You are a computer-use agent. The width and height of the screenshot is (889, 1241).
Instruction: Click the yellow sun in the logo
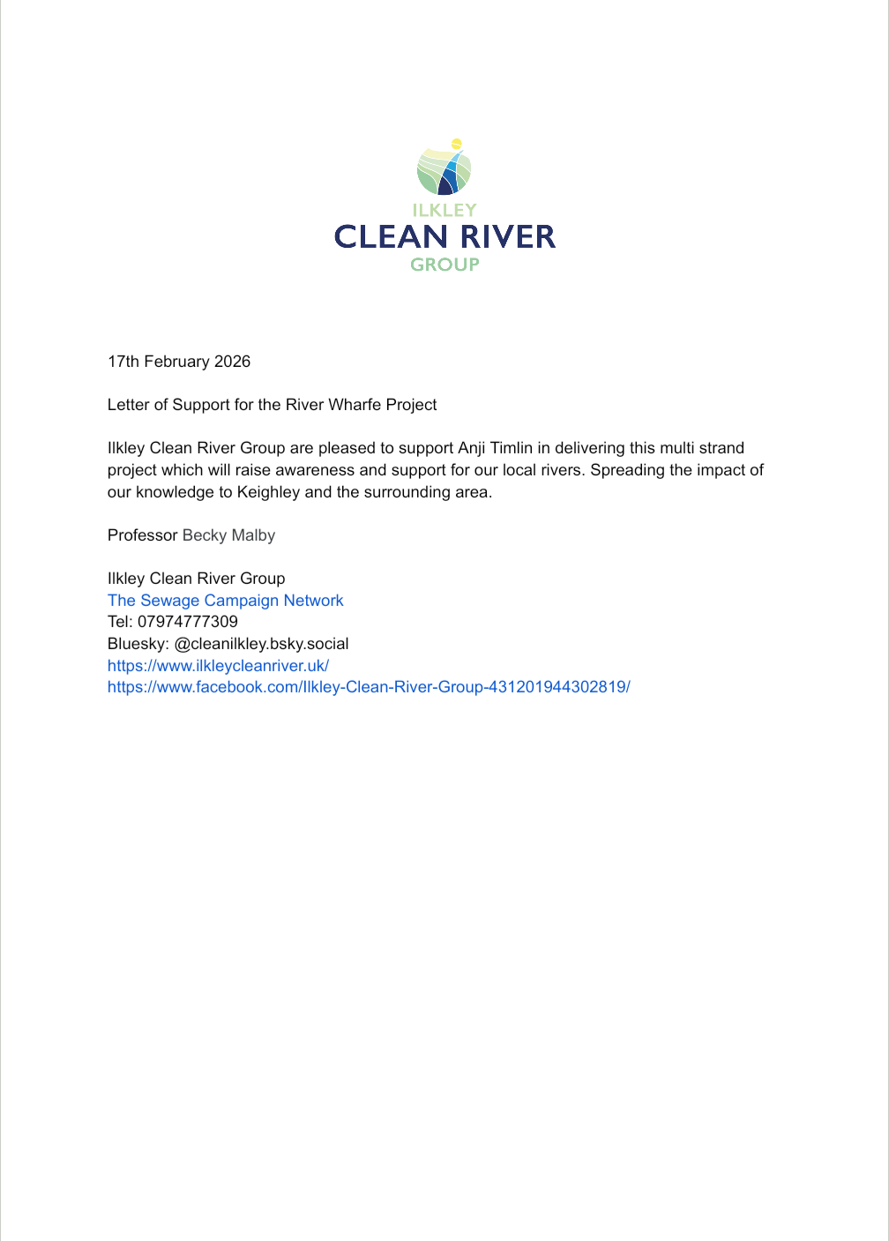(456, 143)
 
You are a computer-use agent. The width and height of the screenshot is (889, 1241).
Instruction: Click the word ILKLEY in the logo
(444, 210)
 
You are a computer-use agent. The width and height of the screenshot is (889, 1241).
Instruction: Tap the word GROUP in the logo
(444, 264)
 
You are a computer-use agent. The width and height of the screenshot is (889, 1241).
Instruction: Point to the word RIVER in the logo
(508, 236)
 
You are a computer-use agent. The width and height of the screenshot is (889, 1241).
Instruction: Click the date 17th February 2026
(179, 362)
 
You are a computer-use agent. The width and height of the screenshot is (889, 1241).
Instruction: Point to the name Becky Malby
(228, 535)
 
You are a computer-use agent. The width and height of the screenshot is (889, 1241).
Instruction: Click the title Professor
(143, 535)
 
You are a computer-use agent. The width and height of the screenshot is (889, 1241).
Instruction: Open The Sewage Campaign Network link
(225, 601)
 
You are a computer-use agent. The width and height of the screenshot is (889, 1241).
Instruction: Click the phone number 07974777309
(188, 622)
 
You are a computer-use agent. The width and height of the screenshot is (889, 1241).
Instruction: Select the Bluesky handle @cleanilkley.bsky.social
(261, 644)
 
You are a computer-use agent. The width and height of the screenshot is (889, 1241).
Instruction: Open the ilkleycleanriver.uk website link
(218, 666)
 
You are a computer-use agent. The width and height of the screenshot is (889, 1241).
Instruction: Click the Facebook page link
(369, 687)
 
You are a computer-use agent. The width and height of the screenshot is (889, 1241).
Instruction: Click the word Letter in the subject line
(129, 405)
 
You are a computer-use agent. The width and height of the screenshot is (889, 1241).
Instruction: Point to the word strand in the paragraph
(721, 448)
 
